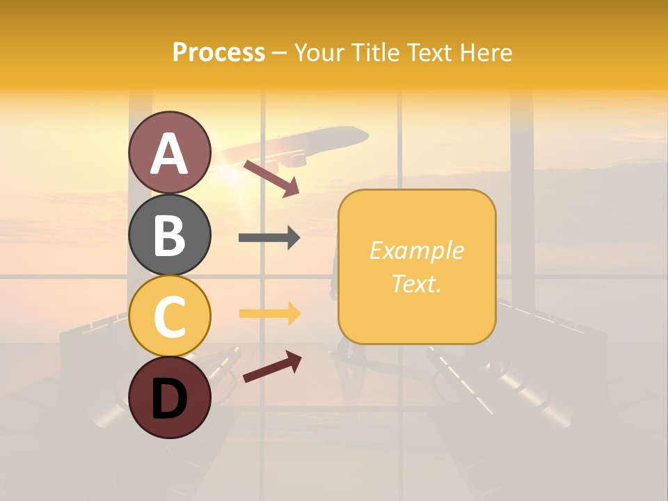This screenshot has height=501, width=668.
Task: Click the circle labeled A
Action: [170, 152]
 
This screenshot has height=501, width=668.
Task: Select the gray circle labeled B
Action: [170, 234]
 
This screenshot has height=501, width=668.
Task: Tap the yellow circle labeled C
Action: [170, 316]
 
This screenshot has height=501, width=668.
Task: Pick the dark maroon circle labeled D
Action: [170, 397]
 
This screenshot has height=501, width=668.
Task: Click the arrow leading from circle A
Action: [271, 178]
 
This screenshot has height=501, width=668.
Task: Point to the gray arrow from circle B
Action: [269, 238]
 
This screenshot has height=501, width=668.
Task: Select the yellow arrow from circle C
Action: [269, 314]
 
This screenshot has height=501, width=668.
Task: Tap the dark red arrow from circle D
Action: [271, 366]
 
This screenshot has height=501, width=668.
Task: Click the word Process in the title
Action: [218, 53]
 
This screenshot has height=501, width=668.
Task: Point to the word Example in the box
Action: [417, 250]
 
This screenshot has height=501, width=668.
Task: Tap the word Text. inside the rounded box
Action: [417, 283]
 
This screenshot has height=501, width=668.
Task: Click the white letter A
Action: [170, 154]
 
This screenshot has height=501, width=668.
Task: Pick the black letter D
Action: [170, 398]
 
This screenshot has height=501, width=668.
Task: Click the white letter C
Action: [170, 317]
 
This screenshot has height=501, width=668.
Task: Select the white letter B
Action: [170, 235]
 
